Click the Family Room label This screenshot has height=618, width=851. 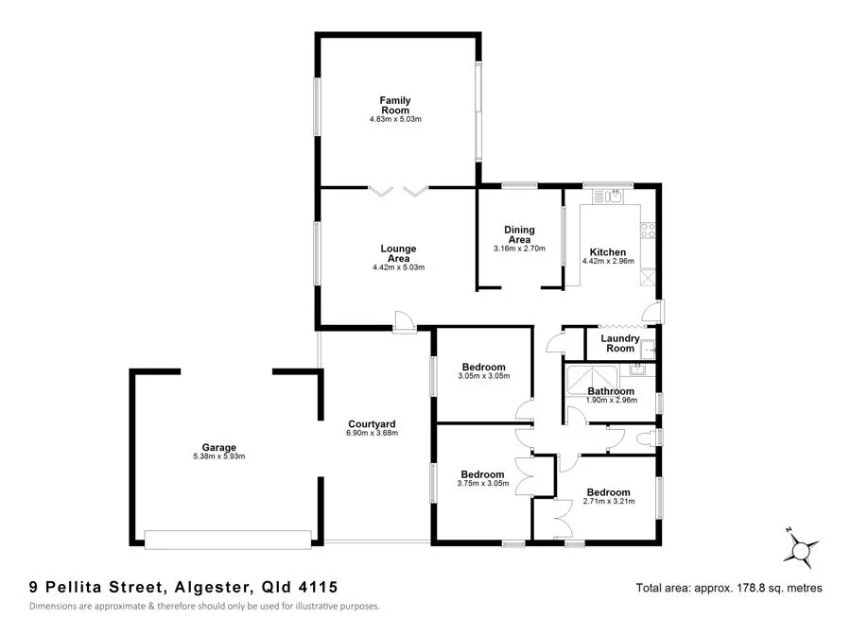coord(395,105)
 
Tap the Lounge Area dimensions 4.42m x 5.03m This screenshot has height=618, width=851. coord(398,267)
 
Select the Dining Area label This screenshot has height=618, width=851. coord(519,234)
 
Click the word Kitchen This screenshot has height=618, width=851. coord(608,252)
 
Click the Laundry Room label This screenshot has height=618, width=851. coord(620,343)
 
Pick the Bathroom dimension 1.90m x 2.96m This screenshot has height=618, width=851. coord(612,401)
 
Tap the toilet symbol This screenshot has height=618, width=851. coord(647,437)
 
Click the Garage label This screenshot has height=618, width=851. coord(218,447)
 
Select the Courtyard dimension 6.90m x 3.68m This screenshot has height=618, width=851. coord(372,434)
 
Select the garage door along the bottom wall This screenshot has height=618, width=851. coord(228,540)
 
